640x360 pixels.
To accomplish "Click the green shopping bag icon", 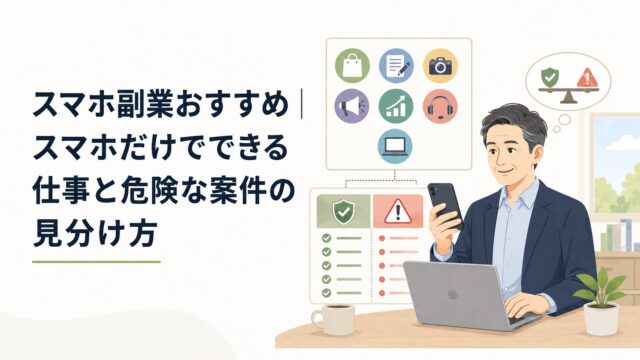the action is point(352,66).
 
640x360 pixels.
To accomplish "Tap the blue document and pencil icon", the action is point(396,66).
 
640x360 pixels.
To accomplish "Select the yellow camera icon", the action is point(440,66).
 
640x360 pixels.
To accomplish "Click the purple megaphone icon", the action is point(352,106).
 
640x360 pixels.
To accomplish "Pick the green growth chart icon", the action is point(396,106).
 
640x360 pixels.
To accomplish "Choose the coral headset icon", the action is point(440,106).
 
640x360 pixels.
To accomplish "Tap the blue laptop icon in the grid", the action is point(395,146).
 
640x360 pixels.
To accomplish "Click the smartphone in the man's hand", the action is point(445,205).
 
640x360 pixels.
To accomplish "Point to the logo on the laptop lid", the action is point(452,295).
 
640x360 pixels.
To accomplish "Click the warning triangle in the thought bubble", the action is point(587,77).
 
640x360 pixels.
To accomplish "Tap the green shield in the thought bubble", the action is point(550,76).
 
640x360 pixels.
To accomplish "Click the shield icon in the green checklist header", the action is point(343,211).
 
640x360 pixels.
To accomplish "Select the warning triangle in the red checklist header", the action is point(398,212).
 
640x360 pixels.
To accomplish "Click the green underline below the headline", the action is point(96,262).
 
